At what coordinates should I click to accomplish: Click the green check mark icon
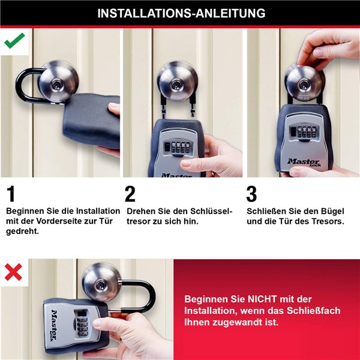[x=14, y=40]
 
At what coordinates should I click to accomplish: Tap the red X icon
[x=13, y=272]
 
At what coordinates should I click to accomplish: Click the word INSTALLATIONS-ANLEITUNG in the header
[x=181, y=13]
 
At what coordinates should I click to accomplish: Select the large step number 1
[x=11, y=194]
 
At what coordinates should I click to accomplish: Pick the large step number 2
[x=130, y=194]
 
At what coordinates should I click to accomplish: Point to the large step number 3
[x=252, y=194]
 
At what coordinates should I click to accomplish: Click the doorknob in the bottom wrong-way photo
[x=101, y=282]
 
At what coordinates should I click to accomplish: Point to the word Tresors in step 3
[x=326, y=221]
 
